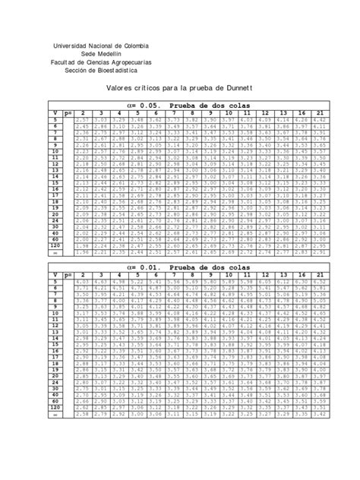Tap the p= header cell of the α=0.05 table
pos(67,113)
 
